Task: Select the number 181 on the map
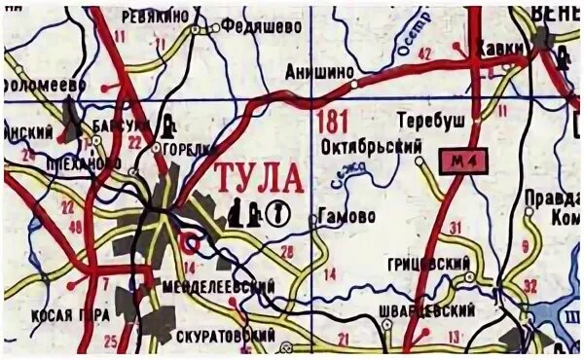pos(332,121)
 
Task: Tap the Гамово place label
pos(347,217)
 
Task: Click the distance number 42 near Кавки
pos(422,54)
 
